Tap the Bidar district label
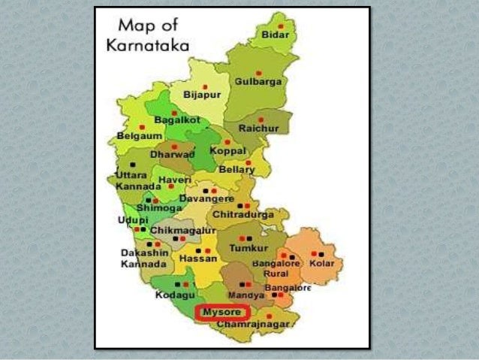(x=275, y=35)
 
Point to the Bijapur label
(x=203, y=96)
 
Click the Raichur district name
(x=259, y=129)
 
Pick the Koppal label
(x=227, y=151)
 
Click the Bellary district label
(x=236, y=170)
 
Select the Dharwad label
(x=172, y=154)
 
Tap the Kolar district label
(x=322, y=264)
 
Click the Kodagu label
(x=174, y=296)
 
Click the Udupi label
(x=132, y=219)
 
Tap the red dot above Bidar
(x=280, y=24)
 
